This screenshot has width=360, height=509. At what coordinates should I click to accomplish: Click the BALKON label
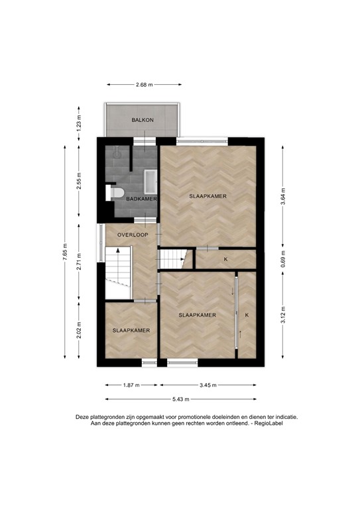point(143,120)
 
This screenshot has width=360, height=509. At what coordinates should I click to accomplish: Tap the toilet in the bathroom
point(117,192)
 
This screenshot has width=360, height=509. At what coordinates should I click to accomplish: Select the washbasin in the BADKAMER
point(149,180)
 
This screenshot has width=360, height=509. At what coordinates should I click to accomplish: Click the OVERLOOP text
point(131,235)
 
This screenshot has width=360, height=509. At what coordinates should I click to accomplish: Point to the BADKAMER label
point(141,199)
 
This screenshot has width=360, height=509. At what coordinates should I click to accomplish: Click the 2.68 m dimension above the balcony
point(144,85)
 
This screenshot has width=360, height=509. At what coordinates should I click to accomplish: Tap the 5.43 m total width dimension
point(180,399)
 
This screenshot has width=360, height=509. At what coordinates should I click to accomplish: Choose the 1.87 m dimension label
point(131,384)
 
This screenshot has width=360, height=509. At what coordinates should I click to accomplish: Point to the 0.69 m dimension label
point(283,258)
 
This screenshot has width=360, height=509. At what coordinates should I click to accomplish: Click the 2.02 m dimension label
point(79,329)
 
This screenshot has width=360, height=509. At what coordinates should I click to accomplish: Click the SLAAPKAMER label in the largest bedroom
point(208,197)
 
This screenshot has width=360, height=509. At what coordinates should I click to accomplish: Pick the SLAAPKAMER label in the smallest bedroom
point(131,330)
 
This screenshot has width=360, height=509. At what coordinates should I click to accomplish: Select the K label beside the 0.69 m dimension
point(225,258)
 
